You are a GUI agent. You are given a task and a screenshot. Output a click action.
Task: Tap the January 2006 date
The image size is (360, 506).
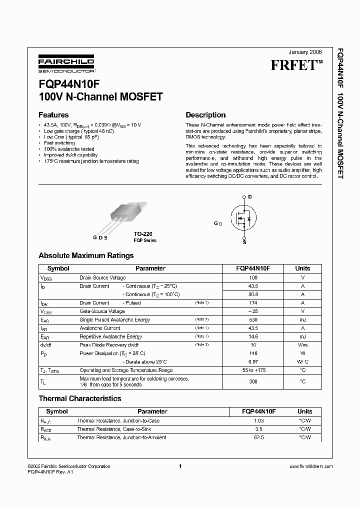[305, 52]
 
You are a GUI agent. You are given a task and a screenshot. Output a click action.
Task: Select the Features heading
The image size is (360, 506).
[53, 114]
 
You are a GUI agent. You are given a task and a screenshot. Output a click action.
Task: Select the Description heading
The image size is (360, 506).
[205, 114]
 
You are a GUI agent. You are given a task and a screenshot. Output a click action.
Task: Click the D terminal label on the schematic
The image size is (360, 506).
[249, 196]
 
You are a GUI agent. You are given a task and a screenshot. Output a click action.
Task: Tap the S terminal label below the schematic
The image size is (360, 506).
[244, 241]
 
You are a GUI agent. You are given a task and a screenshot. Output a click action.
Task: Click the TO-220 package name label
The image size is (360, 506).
[143, 233]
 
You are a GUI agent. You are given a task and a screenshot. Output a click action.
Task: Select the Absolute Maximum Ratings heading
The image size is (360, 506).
[86, 255]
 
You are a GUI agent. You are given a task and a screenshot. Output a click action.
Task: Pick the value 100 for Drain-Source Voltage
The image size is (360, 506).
[253, 277]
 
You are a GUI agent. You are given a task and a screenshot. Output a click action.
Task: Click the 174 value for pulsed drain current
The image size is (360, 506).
[253, 303]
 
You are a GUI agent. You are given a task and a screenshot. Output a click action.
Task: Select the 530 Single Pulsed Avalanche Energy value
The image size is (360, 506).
[253, 320]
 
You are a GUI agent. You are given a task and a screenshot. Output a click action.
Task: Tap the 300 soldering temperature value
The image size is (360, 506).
[253, 381]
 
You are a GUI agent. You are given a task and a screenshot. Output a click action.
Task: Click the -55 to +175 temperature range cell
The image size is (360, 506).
[253, 370]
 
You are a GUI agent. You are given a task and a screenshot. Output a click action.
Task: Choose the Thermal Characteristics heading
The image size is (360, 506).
[80, 398]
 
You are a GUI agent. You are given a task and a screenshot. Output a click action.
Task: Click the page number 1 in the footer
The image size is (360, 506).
[179, 466]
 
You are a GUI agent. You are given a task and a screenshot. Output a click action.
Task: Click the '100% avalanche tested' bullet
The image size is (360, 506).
[69, 149]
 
